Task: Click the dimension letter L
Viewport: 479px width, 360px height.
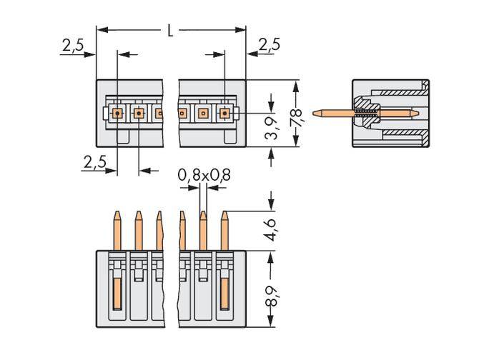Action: (170, 30)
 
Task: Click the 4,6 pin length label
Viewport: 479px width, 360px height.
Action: (271, 231)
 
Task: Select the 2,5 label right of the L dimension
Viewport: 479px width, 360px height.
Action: (269, 46)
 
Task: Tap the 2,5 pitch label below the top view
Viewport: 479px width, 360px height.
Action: (94, 163)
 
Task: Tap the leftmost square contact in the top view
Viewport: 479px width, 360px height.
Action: (117, 112)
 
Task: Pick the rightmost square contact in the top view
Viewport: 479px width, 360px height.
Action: (224, 112)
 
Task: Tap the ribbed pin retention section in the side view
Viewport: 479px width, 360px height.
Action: (366, 112)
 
